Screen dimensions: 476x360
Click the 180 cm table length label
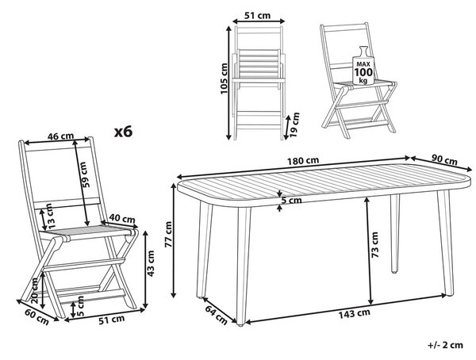(303, 161)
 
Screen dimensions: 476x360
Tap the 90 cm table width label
(444, 159)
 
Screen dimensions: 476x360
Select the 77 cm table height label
(168, 234)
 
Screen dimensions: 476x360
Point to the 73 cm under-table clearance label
(374, 245)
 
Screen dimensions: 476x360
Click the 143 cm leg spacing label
(355, 314)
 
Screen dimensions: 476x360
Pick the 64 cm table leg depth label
(216, 315)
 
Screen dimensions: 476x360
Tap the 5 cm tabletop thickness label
(291, 201)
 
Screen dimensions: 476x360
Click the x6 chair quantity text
(123, 132)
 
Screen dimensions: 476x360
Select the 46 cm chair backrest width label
(61, 136)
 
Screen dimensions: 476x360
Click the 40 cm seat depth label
(122, 219)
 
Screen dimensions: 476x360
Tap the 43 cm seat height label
(150, 263)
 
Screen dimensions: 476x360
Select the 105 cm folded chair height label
(224, 79)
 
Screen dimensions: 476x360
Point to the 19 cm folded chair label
(294, 125)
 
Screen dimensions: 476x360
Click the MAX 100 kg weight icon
(363, 66)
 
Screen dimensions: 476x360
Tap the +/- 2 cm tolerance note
(445, 345)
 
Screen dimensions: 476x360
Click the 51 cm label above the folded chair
(257, 15)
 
